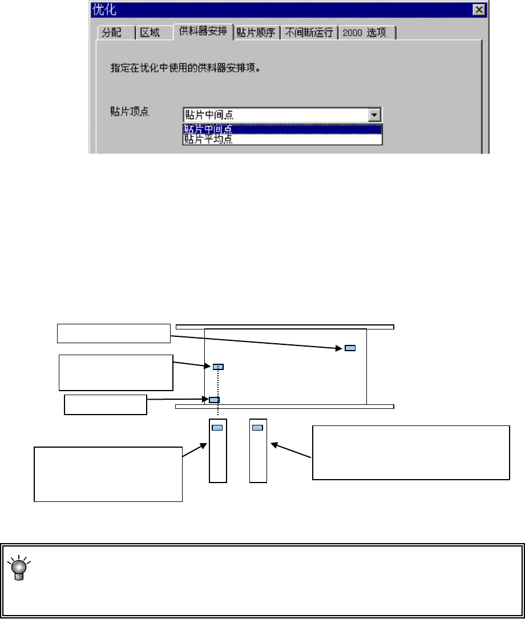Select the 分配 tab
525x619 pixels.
tap(112, 33)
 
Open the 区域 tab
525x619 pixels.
tap(151, 33)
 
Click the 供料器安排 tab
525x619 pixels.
tap(203, 32)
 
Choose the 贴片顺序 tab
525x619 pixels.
tap(256, 33)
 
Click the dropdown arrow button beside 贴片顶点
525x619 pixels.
tap(374, 115)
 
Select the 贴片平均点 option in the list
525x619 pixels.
tap(209, 139)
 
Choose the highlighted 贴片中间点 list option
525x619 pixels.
tap(209, 129)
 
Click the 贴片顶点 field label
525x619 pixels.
tap(130, 112)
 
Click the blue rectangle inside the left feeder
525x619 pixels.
tap(217, 427)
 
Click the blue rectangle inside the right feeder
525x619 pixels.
tap(257, 427)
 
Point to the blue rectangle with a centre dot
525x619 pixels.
tap(218, 366)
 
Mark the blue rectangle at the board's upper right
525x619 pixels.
tap(350, 348)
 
